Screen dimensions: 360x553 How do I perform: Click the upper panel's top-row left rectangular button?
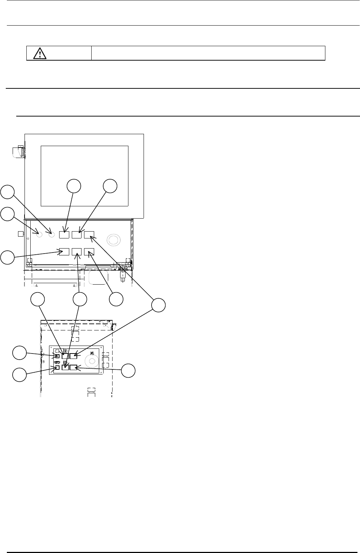[x=64, y=234]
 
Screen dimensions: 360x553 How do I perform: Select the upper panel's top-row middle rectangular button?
[x=76, y=234]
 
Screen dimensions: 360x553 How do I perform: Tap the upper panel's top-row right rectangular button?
[x=89, y=234]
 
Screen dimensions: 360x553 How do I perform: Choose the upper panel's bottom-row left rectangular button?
[x=64, y=251]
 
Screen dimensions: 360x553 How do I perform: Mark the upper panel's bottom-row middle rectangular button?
[x=77, y=251]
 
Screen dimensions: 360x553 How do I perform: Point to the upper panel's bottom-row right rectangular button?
[x=89, y=251]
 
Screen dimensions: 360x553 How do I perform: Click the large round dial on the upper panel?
[x=114, y=240]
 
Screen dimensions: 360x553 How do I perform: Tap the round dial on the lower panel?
[x=92, y=361]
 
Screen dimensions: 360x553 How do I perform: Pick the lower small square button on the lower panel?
[x=57, y=368]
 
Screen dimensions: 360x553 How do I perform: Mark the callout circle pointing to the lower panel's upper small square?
[x=19, y=353]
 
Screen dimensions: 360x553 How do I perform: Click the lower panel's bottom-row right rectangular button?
[x=74, y=368]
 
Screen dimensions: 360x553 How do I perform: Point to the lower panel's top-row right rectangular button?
[x=74, y=356]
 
